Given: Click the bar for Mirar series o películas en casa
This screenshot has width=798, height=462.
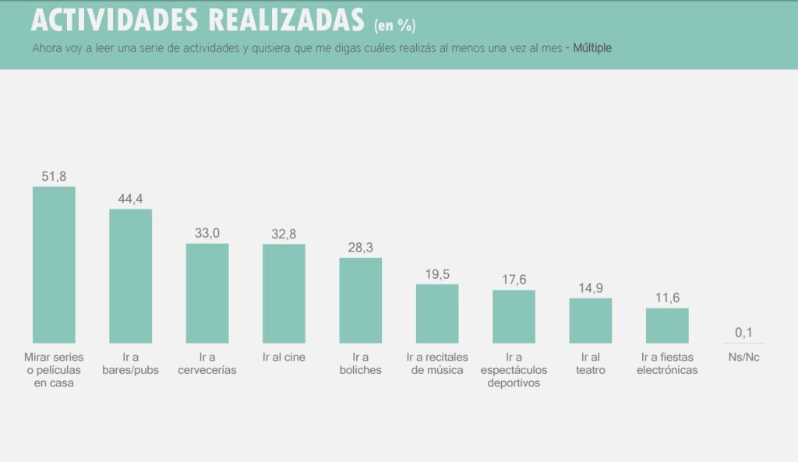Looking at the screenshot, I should (54, 265).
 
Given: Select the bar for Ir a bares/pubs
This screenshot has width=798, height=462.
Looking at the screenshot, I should (130, 276).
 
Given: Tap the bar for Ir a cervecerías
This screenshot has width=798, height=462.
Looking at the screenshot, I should (207, 293).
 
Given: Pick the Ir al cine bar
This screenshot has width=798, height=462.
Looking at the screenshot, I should (284, 294).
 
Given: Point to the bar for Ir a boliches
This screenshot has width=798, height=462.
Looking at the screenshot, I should (360, 300).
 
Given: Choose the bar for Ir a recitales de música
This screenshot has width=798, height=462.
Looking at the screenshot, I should (437, 313).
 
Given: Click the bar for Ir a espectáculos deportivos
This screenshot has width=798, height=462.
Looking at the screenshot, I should (514, 316).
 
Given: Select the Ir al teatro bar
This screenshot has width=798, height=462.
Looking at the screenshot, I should (590, 320).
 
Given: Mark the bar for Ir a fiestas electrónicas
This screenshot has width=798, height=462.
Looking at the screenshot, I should (667, 325).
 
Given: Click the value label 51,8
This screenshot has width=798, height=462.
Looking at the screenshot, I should (54, 177).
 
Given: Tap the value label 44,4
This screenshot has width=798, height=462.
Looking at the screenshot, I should (130, 199).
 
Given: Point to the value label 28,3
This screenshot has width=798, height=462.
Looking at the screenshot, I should (360, 248).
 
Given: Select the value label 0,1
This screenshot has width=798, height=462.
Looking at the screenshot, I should (743, 333).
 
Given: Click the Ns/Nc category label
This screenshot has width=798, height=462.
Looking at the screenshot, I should (743, 358).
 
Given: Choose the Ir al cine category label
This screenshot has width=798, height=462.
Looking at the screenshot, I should (284, 358).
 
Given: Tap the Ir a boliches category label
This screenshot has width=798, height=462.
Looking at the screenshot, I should (360, 364).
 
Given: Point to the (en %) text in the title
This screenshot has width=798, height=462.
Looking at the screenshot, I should (394, 26).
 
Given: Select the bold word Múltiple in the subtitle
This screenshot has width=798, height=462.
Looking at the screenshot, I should (592, 48).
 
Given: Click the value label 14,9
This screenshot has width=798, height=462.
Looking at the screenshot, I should (590, 288).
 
